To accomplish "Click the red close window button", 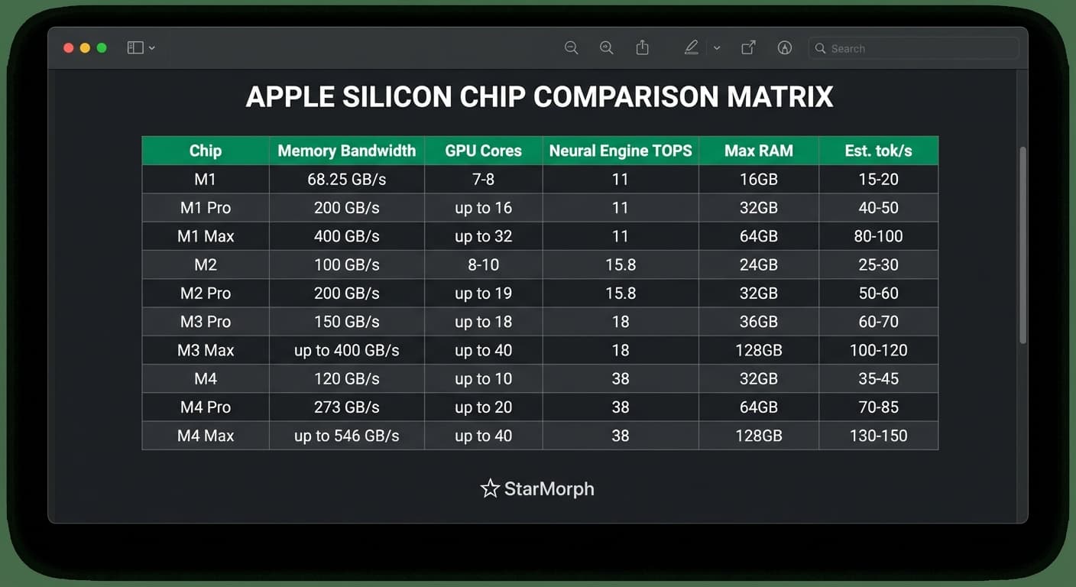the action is (x=68, y=48).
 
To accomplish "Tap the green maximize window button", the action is (x=102, y=48).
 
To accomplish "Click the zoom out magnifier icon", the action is (x=571, y=47).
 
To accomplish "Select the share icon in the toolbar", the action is (x=642, y=47).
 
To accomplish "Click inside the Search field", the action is (x=913, y=48).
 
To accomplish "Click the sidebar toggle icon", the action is (x=135, y=47).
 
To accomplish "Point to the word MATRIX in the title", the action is (x=779, y=97).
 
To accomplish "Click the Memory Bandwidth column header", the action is (x=347, y=151).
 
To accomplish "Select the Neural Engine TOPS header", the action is (x=621, y=151).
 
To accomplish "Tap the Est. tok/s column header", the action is (x=879, y=151).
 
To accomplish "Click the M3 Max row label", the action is (x=206, y=350).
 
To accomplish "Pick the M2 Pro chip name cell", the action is (x=206, y=293).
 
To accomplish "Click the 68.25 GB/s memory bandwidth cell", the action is (x=347, y=179).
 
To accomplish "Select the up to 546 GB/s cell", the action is (x=347, y=436).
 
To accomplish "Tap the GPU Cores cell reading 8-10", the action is (x=483, y=264).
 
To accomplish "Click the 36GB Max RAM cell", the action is (x=759, y=321).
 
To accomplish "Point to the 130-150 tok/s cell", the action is (x=879, y=436).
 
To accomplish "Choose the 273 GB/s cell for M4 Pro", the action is (x=347, y=407).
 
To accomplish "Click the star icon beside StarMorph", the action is (x=490, y=488).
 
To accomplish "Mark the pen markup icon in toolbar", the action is (x=692, y=47).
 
